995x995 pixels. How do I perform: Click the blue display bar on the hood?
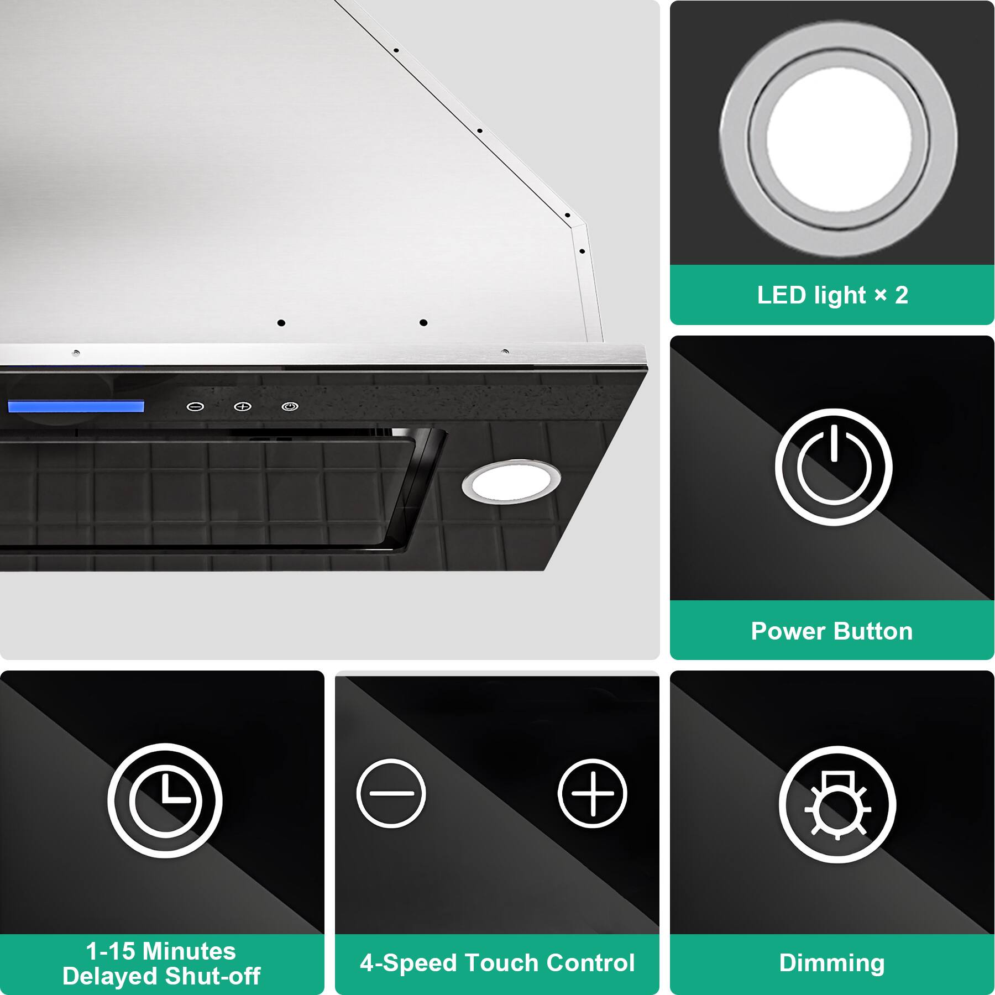(76, 406)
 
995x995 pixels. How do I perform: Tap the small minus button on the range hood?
(195, 407)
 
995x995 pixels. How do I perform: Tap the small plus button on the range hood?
(243, 407)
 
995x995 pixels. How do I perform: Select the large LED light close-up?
(838, 139)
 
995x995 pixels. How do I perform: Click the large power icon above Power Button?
(834, 467)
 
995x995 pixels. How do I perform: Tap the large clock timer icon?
(165, 799)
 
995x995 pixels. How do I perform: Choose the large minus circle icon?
(391, 793)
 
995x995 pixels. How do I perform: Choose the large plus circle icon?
(592, 793)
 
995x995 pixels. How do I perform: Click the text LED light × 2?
(832, 295)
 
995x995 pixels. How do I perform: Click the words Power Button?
(832, 631)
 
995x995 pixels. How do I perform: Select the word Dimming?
(832, 962)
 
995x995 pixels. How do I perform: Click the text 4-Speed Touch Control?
(497, 962)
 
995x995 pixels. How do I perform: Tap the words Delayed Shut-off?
(161, 976)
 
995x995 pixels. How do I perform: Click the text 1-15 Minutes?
(161, 951)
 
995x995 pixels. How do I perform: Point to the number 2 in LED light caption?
(902, 295)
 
